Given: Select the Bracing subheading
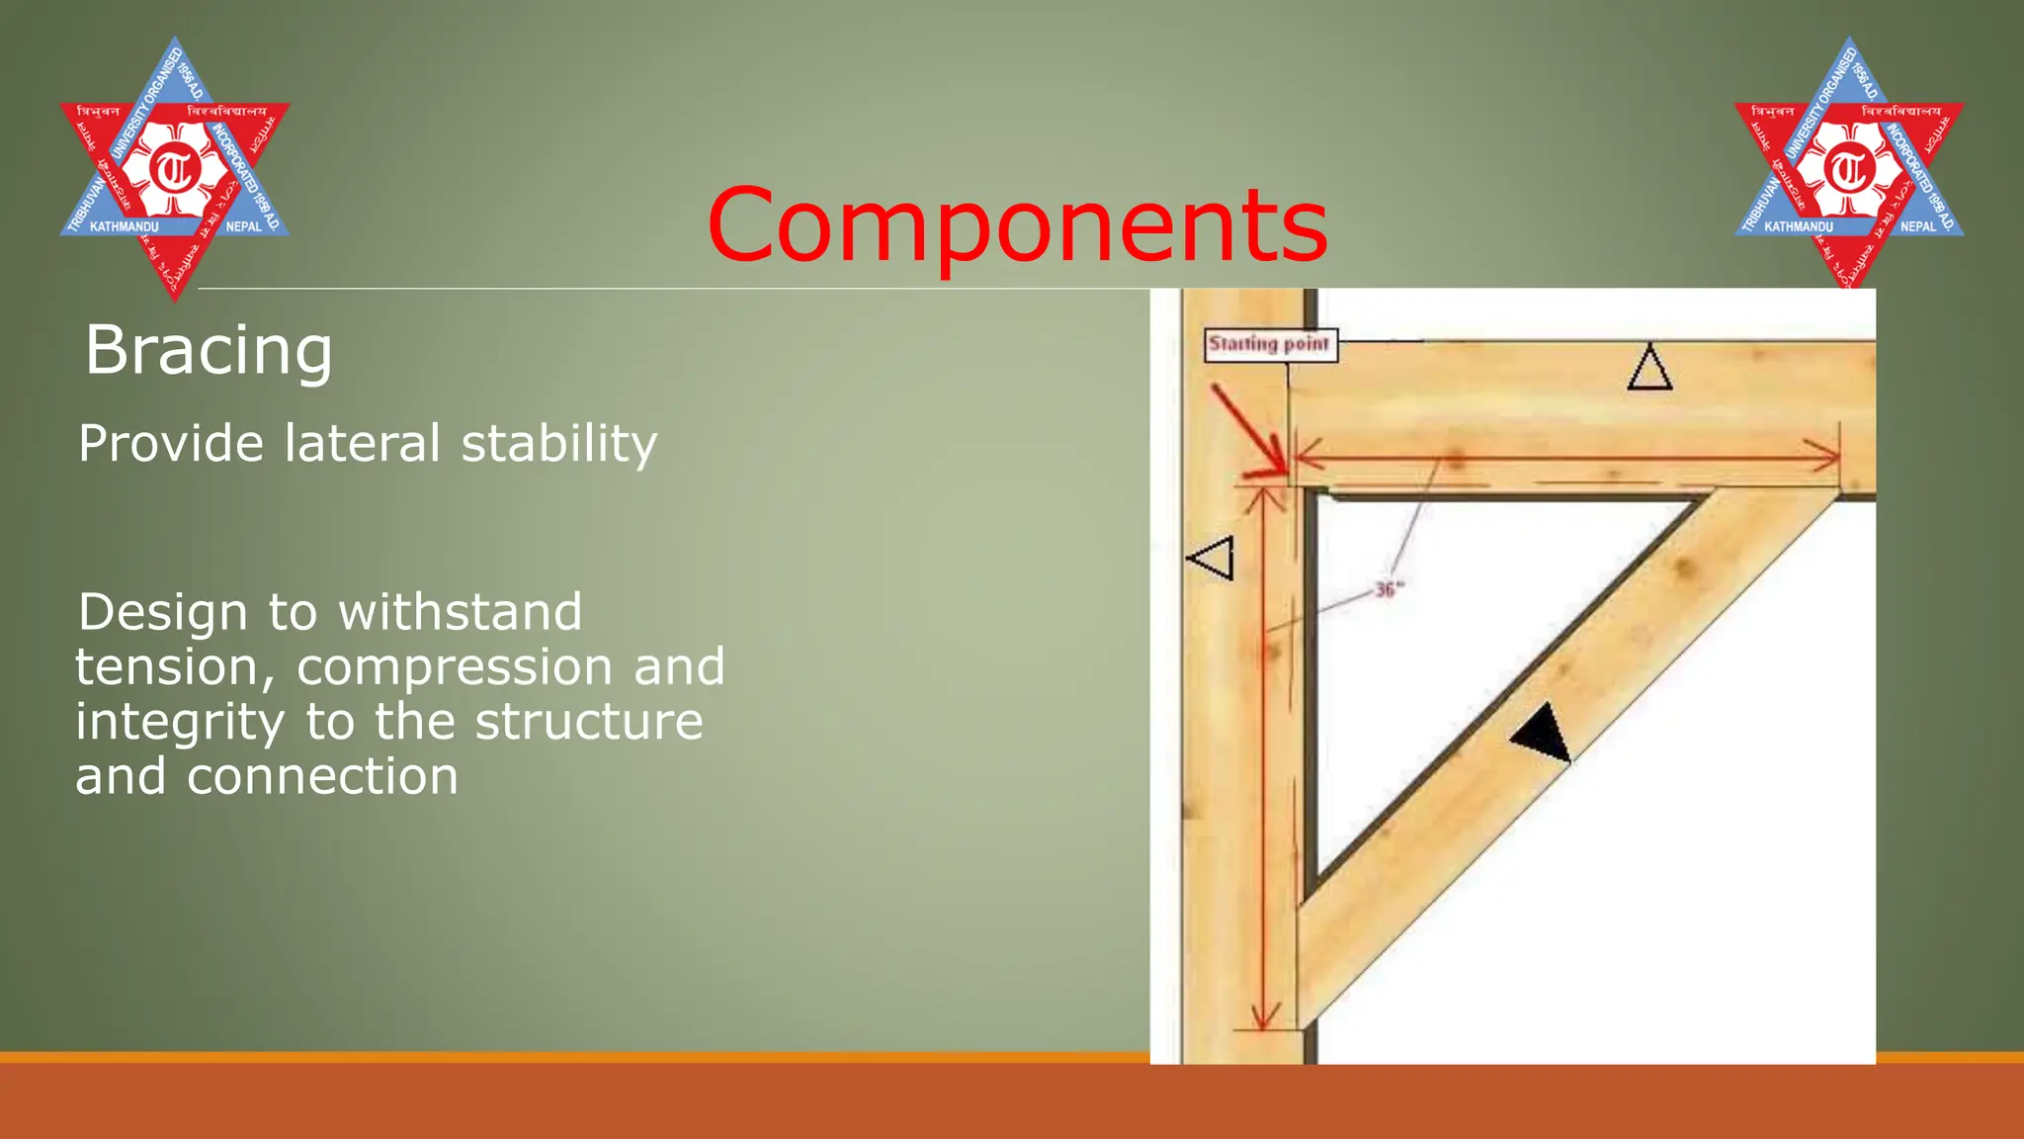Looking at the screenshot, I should [209, 351].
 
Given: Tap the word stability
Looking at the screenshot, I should [558, 444].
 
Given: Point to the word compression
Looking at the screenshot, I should [455, 668].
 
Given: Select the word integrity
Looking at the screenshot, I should [180, 723].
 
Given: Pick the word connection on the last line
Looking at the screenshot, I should [322, 777].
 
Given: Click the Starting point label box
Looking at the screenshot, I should [1270, 344].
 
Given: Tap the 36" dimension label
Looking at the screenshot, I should [1389, 590].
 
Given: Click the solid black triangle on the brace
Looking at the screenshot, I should [1545, 734].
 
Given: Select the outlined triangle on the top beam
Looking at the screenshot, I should [1649, 369].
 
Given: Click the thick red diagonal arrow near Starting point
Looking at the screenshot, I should [1248, 428].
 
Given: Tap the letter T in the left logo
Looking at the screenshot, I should [175, 169].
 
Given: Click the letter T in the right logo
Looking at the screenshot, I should [1849, 169].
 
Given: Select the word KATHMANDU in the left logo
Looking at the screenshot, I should [124, 227].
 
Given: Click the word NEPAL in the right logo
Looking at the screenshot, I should [1918, 227].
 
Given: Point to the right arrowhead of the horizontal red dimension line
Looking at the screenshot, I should [1828, 457].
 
